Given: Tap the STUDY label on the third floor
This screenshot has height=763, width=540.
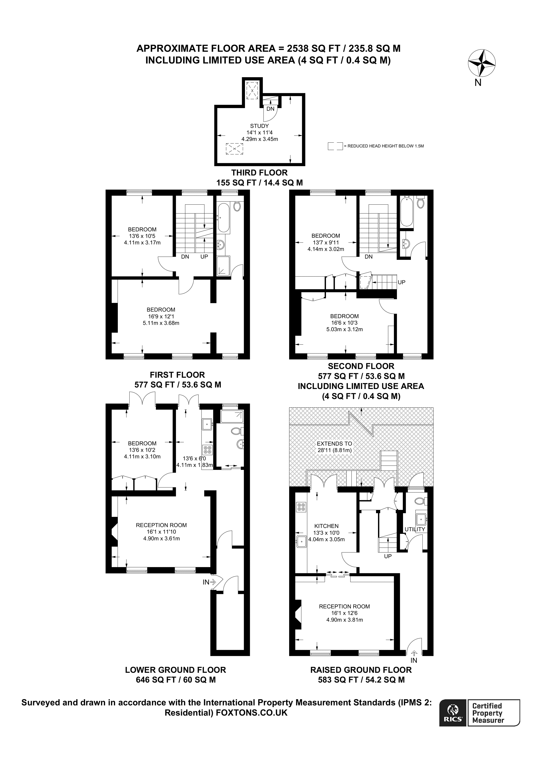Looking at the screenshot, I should coord(259,126).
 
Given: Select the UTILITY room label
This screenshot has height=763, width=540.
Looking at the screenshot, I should coord(415,529).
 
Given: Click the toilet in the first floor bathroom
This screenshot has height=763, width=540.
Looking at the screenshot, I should coord(237,206).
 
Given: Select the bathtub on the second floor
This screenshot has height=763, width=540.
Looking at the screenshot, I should coord(406,211).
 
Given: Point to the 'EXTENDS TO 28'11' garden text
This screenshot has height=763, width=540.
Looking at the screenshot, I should coord(334,447).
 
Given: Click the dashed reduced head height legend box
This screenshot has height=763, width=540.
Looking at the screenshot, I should coord(335,146).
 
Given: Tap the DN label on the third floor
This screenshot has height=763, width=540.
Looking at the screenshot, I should coord(270,109).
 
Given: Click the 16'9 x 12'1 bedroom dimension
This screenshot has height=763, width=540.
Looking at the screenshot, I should coord(161,316).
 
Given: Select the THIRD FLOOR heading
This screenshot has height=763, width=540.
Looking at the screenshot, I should coord(259,173).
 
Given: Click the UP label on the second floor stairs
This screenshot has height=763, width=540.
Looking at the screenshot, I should coord(401,282).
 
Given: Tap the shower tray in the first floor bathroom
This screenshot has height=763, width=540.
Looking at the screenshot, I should coord(223,266).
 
